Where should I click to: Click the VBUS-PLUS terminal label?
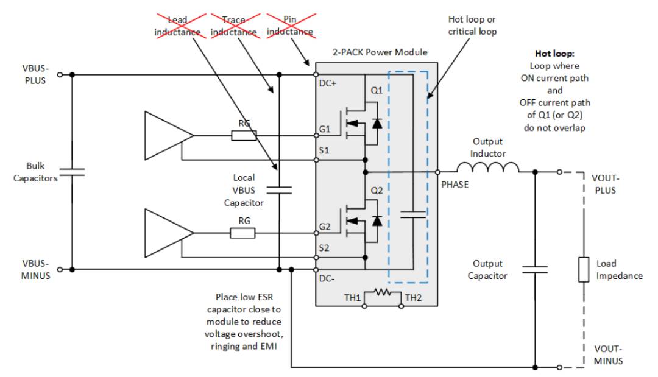35,74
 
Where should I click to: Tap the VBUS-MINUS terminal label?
36,270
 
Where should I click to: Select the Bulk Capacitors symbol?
72,172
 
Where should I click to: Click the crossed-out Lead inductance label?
177,26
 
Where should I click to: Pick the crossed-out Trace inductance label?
234,26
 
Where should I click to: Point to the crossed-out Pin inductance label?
290,26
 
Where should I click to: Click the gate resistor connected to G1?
244,135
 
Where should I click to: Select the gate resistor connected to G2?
242,233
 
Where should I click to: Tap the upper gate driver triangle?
169,135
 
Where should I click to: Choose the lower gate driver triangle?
169,233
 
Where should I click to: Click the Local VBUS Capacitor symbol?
279,190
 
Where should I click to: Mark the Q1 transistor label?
377,90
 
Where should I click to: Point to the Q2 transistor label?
377,191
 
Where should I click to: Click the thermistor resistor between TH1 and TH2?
383,292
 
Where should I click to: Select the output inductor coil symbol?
487,167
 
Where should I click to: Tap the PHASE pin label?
455,185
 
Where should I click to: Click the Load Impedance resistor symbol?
584,270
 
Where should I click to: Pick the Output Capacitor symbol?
535,269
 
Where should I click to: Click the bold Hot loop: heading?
554,53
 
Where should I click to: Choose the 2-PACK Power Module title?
380,52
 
